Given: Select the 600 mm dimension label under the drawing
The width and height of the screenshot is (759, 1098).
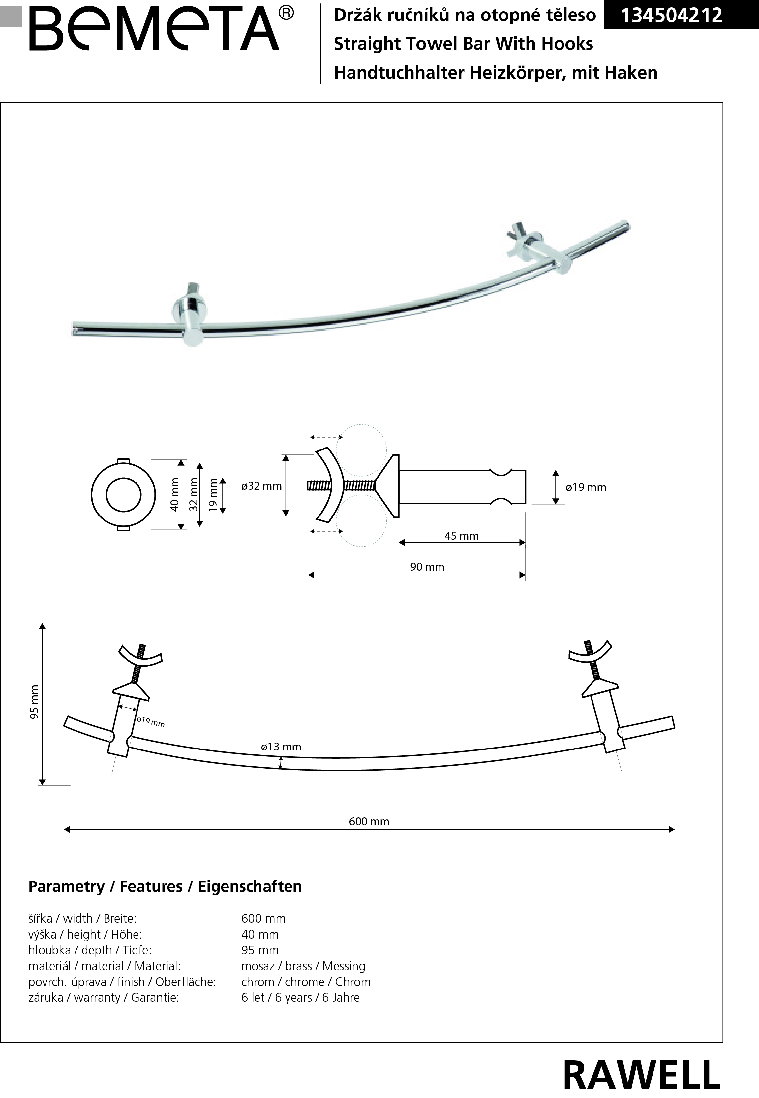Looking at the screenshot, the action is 369,821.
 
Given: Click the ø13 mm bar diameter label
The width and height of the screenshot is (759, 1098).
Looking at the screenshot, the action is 281,747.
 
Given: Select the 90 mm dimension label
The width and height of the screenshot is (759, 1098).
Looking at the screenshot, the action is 427,566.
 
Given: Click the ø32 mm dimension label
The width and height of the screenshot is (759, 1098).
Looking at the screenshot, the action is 261,486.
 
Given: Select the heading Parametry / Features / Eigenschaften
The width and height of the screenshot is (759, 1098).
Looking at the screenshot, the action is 165,886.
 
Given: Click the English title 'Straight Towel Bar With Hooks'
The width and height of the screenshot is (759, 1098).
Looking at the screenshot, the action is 464,44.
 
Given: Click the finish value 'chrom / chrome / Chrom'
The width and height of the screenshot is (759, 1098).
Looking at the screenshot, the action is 306,982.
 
